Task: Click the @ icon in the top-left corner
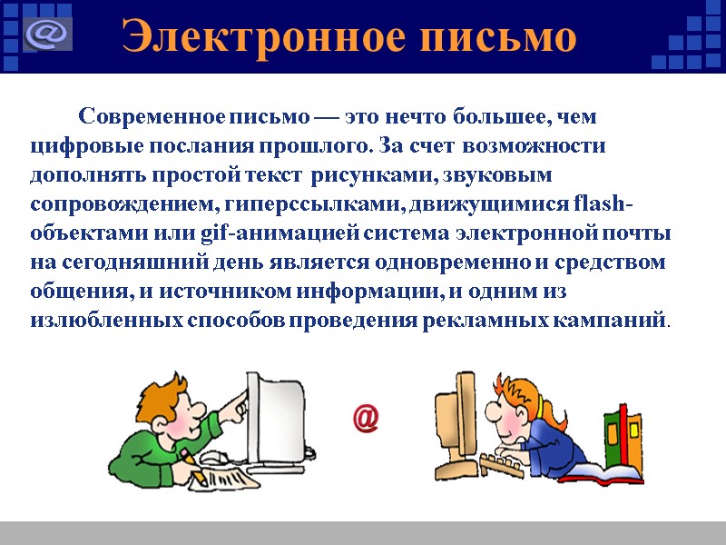click(44, 35)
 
